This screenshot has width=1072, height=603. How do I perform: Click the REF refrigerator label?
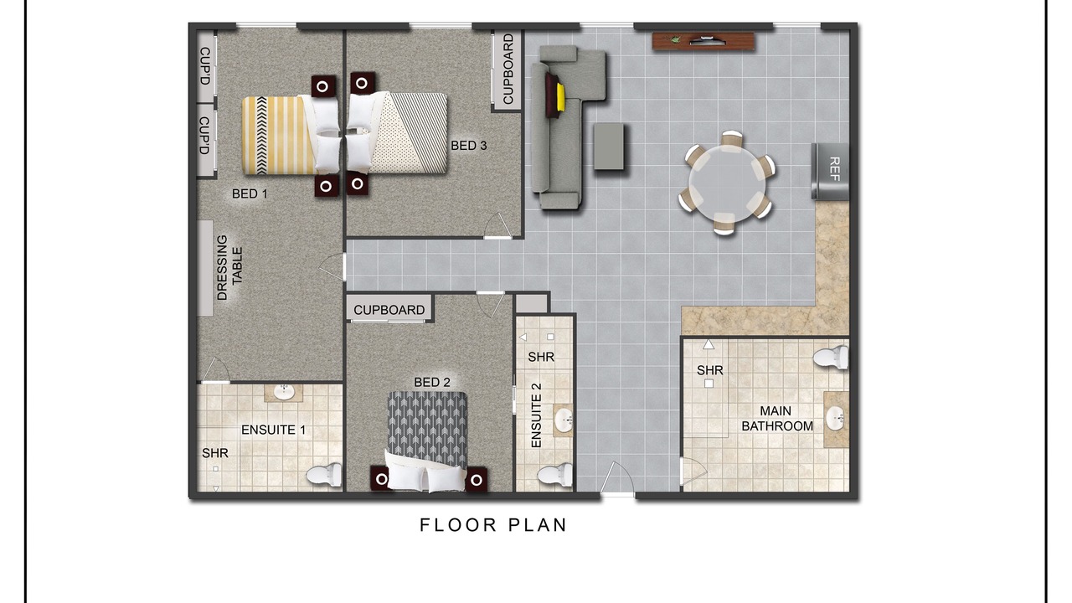(x=833, y=169)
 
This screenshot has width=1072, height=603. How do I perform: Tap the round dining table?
(x=726, y=183)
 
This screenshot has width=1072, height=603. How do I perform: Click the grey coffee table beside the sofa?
(x=609, y=147)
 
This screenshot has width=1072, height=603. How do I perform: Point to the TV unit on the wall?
(x=703, y=41)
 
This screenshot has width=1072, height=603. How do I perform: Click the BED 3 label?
(x=468, y=146)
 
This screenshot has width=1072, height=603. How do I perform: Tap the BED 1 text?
(x=250, y=193)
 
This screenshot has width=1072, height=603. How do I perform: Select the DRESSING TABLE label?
(x=229, y=267)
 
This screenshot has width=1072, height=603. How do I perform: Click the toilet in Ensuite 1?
(x=324, y=475)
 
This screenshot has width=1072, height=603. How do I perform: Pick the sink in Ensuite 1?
(x=284, y=393)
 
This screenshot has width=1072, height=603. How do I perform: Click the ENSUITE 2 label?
(x=537, y=415)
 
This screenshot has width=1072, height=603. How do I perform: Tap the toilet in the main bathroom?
(x=831, y=357)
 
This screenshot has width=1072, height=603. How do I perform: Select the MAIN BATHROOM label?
(x=776, y=418)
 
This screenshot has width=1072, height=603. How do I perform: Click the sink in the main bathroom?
(x=835, y=418)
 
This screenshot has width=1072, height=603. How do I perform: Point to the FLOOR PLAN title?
(x=493, y=525)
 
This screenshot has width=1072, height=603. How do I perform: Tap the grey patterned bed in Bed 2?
(x=427, y=441)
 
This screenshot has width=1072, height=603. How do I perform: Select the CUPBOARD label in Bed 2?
(x=389, y=310)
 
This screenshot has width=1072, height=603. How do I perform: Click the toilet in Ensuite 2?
(x=554, y=474)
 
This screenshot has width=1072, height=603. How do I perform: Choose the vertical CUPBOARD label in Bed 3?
(x=508, y=69)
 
